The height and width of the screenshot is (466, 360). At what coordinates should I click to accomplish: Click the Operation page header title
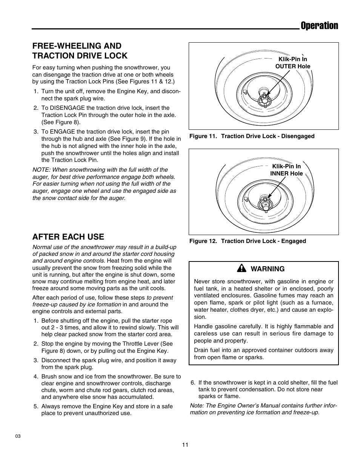(319, 26)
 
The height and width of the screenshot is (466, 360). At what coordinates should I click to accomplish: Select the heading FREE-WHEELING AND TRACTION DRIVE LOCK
(80, 51)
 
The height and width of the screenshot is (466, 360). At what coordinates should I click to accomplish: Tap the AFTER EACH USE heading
(68, 237)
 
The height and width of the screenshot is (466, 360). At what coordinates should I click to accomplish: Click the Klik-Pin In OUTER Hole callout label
(292, 63)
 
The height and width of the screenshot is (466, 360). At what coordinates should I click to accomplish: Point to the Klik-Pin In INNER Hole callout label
(286, 170)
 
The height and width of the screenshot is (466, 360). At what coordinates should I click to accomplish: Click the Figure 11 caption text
(252, 136)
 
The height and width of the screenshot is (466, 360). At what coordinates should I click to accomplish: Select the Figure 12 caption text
(248, 241)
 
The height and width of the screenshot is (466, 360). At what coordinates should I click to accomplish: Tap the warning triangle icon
(241, 268)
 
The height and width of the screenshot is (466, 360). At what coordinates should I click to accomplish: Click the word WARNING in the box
(268, 269)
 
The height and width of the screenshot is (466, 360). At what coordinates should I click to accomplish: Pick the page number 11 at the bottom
(185, 444)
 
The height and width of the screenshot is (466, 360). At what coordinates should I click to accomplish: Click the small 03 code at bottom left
(18, 436)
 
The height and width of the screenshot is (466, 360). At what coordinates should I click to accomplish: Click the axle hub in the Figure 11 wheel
(264, 99)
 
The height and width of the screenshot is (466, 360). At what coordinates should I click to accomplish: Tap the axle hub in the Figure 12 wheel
(264, 204)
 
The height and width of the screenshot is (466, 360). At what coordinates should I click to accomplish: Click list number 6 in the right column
(193, 383)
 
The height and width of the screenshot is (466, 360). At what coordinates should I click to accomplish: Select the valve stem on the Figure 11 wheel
(245, 92)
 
